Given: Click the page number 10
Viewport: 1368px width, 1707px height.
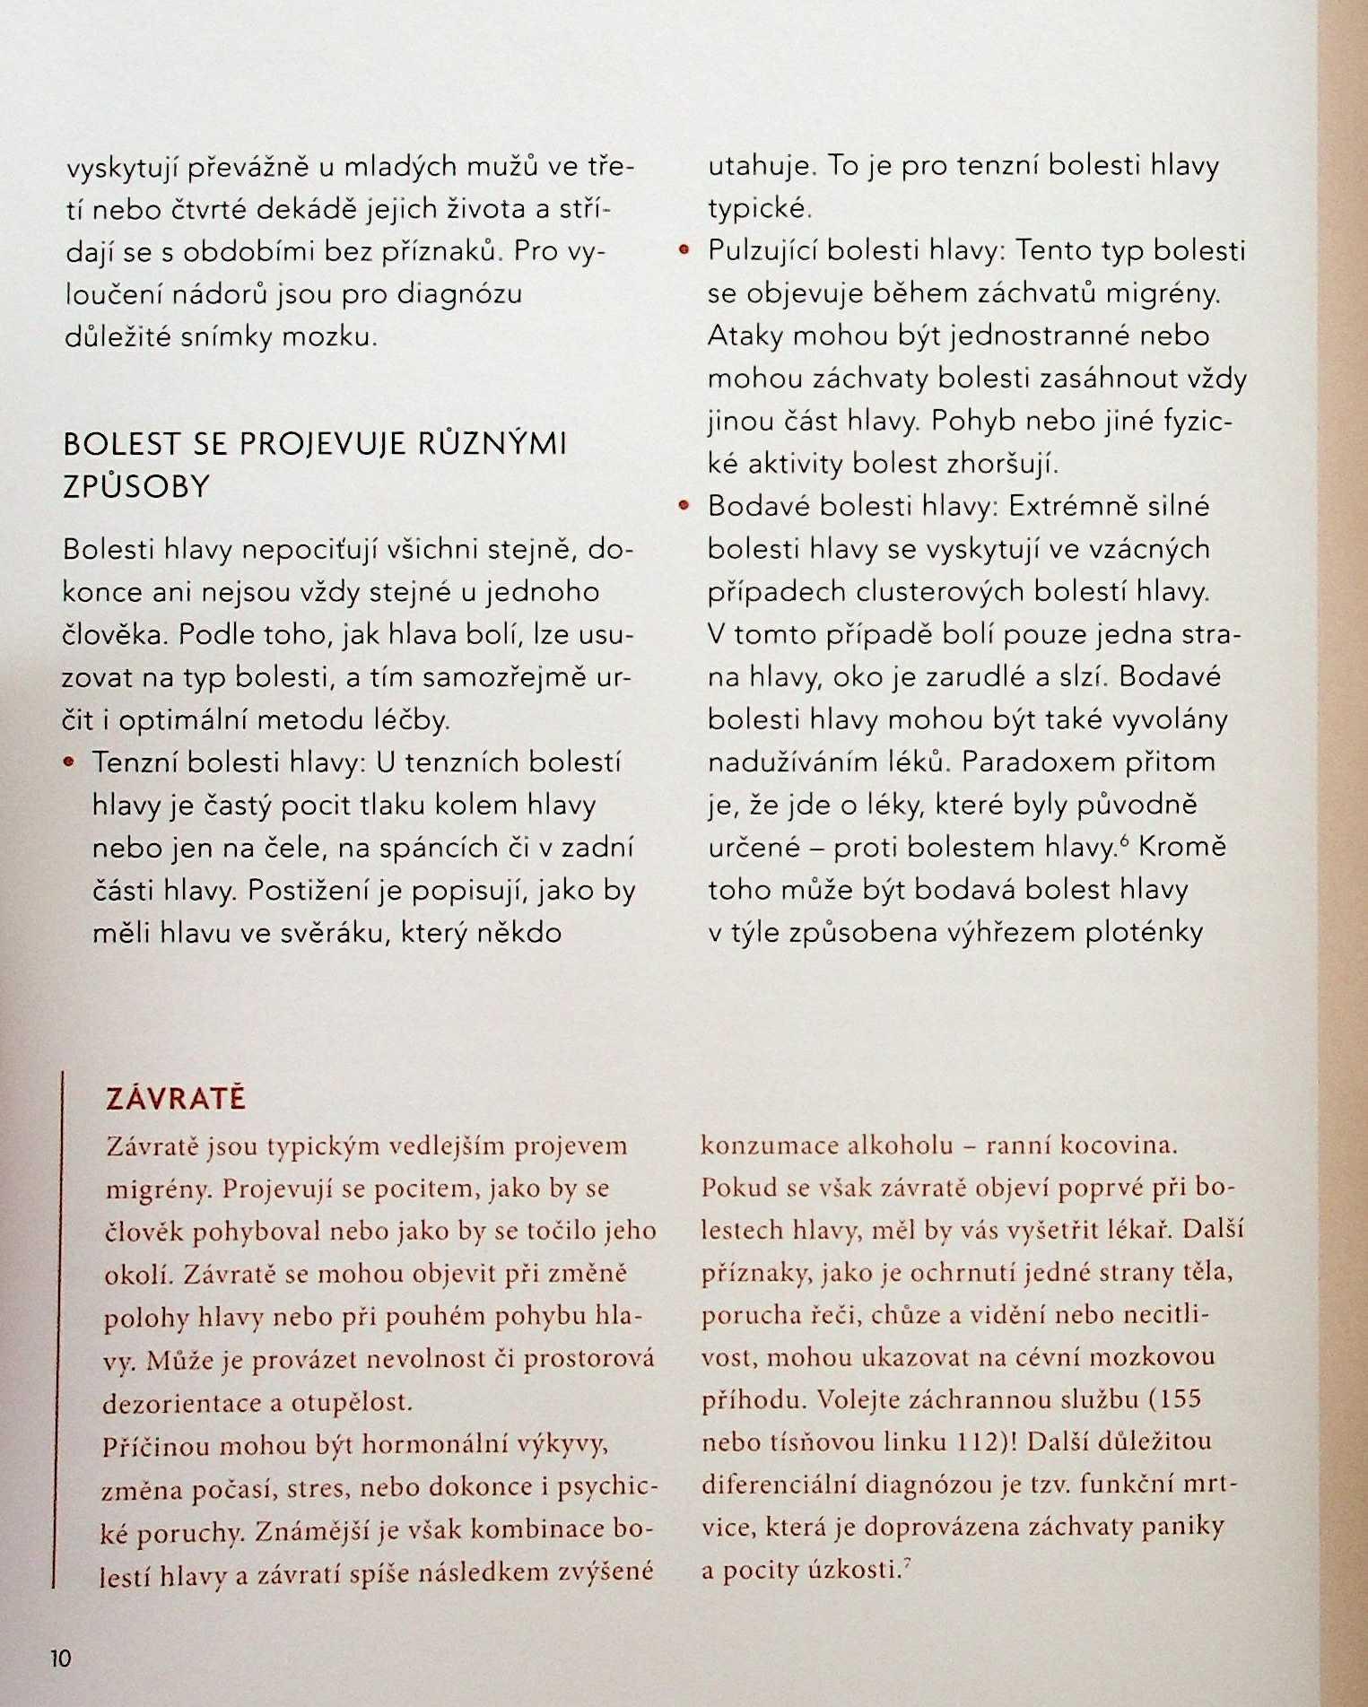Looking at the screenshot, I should (x=60, y=1658).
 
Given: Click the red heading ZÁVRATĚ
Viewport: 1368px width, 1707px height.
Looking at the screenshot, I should (x=176, y=1100).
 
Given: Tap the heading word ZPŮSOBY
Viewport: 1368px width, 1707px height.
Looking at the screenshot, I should (x=136, y=487).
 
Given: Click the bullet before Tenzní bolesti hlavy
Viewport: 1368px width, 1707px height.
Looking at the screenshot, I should (x=68, y=762).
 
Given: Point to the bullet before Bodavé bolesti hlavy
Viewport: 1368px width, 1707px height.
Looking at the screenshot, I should (x=684, y=507).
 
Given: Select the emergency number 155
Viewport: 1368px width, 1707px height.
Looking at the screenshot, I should (x=1174, y=1399).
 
